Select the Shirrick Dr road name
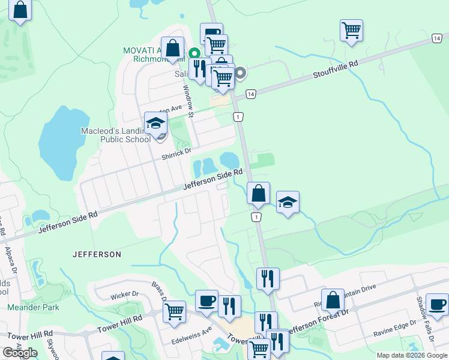coord(176,155)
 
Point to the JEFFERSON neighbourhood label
coord(97,254)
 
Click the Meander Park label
coord(34,307)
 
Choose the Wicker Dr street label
coord(125,295)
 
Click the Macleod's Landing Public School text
coord(116,135)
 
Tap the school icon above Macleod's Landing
coord(156,124)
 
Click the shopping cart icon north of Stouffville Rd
coord(351,30)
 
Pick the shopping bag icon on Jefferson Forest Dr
coord(333,300)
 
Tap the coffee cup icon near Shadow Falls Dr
coord(436,304)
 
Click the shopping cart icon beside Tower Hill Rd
coord(174,311)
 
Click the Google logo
coord(20,353)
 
